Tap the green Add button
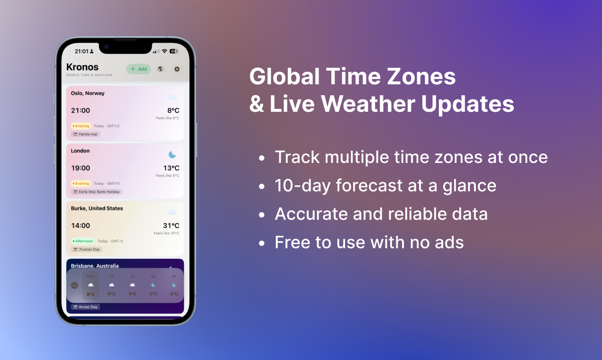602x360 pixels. pyautogui.click(x=138, y=69)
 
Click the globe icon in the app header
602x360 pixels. pyautogui.click(x=160, y=69)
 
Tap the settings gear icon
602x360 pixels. pyautogui.click(x=177, y=69)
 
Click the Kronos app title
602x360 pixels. pyautogui.click(x=82, y=67)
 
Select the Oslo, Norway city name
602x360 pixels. pyautogui.click(x=88, y=93)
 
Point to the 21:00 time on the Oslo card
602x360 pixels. pyautogui.click(x=81, y=110)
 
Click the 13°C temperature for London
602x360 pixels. pyautogui.click(x=171, y=168)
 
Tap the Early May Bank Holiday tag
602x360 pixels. pyautogui.click(x=97, y=192)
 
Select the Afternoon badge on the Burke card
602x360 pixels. pyautogui.click(x=83, y=241)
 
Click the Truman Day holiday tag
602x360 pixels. pyautogui.click(x=87, y=249)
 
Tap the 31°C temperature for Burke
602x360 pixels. pyautogui.click(x=171, y=225)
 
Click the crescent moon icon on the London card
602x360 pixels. pyautogui.click(x=172, y=155)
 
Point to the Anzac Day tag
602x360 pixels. pyautogui.click(x=86, y=307)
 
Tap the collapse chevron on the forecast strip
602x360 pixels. pyautogui.click(x=74, y=285)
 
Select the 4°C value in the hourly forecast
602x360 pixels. pyautogui.click(x=174, y=294)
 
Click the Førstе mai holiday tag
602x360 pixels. pyautogui.click(x=86, y=135)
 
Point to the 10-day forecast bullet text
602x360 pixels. pyautogui.click(x=385, y=186)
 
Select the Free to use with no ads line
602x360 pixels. pyautogui.click(x=369, y=243)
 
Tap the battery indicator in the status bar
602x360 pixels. pyautogui.click(x=174, y=51)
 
